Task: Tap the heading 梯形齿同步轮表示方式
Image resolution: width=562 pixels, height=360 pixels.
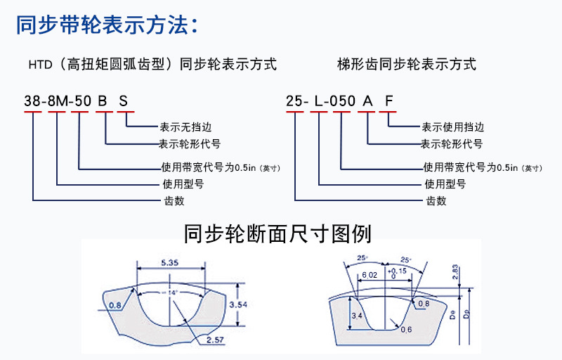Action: [x=406, y=65]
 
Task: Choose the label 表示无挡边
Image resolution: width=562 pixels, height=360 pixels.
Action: [x=185, y=127]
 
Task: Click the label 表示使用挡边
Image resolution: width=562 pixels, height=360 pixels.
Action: [x=452, y=127]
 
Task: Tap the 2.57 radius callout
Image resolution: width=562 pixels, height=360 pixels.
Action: [x=216, y=340]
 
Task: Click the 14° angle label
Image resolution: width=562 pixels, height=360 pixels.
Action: [x=172, y=290]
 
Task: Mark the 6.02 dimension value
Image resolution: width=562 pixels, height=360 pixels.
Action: [x=370, y=276]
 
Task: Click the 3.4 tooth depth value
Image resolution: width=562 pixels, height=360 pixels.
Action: [x=357, y=317]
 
